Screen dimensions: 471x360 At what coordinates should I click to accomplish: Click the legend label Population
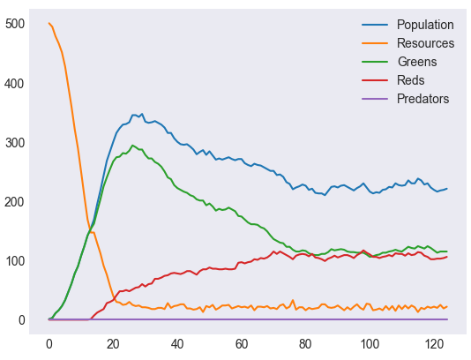[425, 25]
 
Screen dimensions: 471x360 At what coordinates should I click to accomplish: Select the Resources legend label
[425, 43]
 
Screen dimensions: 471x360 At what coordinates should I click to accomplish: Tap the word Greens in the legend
[417, 62]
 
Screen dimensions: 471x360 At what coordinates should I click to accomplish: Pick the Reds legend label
[411, 80]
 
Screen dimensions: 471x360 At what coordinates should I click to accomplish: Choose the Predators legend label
[423, 99]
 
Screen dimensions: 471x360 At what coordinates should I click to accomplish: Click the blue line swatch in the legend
[375, 25]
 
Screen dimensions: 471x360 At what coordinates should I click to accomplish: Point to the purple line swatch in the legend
[375, 99]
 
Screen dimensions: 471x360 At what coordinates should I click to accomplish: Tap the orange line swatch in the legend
[375, 43]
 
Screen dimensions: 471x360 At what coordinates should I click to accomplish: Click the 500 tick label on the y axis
[15, 24]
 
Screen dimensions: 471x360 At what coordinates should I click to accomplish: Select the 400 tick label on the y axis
[15, 84]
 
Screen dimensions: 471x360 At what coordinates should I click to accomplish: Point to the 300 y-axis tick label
[15, 143]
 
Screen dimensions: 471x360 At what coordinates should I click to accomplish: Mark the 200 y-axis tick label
[15, 202]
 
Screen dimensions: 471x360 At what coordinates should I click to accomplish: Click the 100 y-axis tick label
[15, 261]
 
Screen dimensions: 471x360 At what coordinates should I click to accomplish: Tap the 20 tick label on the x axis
[113, 344]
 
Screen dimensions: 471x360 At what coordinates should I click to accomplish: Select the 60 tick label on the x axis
[241, 344]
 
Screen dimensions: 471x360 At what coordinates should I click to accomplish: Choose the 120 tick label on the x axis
[433, 344]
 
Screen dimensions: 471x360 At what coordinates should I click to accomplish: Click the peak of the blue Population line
[142, 114]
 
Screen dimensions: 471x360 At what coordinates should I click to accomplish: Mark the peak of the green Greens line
[132, 146]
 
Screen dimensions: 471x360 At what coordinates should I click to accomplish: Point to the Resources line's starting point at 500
[49, 23]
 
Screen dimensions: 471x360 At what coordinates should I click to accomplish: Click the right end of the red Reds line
[447, 257]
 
